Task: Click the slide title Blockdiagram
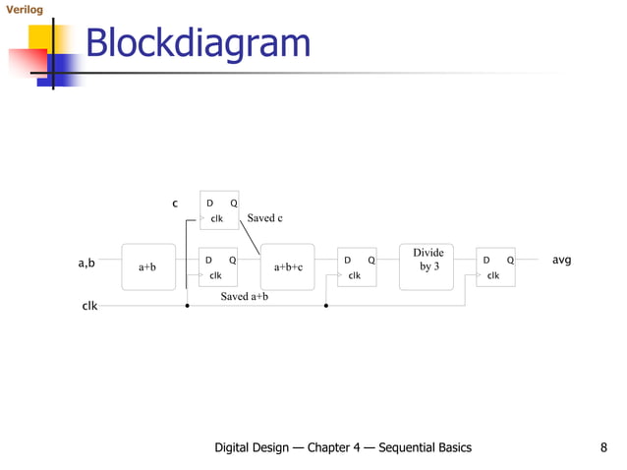198,44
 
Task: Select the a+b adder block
147,266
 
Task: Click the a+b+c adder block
287,266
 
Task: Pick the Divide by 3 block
426,266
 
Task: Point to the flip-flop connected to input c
219,209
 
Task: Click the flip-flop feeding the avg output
494,266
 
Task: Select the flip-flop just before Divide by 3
356,266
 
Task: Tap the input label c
175,204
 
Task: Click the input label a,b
86,264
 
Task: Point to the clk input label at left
88,306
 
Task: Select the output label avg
561,261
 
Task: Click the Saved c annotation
265,217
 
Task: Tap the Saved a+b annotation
245,296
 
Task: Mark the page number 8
602,447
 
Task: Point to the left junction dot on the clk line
187,306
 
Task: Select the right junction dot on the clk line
325,306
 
